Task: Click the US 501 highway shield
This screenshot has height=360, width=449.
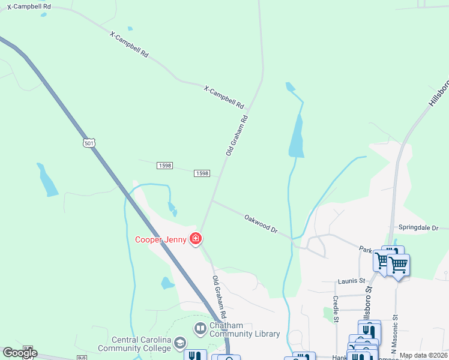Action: [x=89, y=143]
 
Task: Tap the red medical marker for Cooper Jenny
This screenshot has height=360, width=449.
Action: [x=195, y=239]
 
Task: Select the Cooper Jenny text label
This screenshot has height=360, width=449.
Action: [x=160, y=239]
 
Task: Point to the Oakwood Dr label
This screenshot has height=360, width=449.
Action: [x=261, y=222]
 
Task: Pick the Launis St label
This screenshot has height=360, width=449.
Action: [x=351, y=280]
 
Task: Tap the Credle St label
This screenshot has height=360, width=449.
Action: [x=336, y=308]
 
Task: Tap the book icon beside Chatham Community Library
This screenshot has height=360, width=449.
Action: [x=199, y=329]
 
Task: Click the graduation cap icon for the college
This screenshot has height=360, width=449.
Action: [x=179, y=343]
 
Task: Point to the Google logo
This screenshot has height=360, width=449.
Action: [x=20, y=352]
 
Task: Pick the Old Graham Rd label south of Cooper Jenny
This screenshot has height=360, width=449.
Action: [x=219, y=297]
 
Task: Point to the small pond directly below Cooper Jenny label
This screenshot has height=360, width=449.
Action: [x=167, y=283]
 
